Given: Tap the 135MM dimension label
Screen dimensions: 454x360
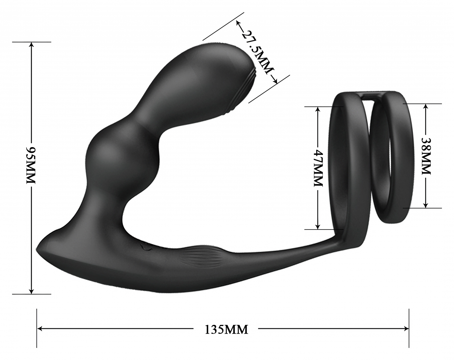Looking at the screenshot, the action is pos(226,329).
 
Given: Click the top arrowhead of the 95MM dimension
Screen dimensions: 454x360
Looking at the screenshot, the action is pos(32,45).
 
